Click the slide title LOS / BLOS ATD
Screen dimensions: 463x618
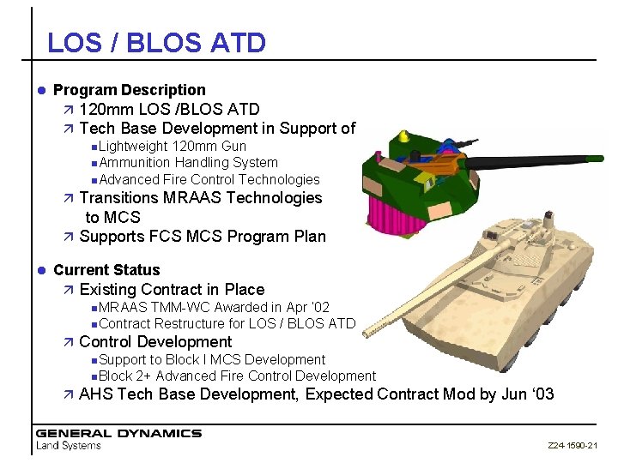(156, 42)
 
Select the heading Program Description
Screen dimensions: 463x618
(129, 90)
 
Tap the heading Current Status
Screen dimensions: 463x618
(106, 270)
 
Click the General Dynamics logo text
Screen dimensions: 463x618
(118, 433)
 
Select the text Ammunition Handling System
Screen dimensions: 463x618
(187, 163)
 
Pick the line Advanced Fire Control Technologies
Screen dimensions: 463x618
(208, 179)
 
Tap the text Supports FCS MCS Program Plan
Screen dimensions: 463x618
(202, 236)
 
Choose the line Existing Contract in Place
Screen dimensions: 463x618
(171, 290)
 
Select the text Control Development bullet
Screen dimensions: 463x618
(154, 341)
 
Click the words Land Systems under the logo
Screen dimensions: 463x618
(68, 445)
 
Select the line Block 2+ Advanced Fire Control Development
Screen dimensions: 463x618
(236, 376)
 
